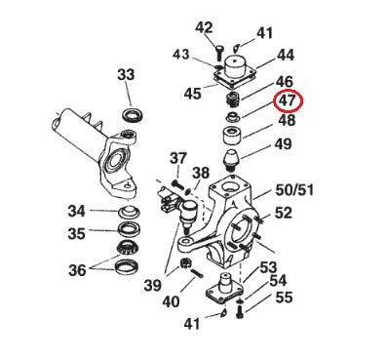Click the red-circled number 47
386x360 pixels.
pyautogui.click(x=287, y=100)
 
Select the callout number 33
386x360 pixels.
pyautogui.click(x=127, y=74)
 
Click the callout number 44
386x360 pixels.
pyautogui.click(x=286, y=55)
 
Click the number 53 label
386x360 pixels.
pyautogui.click(x=266, y=266)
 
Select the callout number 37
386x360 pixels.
pyautogui.click(x=178, y=158)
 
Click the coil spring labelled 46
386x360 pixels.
pyautogui.click(x=233, y=100)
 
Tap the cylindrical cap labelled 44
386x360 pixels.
pyautogui.click(x=236, y=65)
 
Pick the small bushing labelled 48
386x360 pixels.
pyautogui.click(x=235, y=123)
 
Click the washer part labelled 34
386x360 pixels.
pyautogui.click(x=127, y=213)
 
